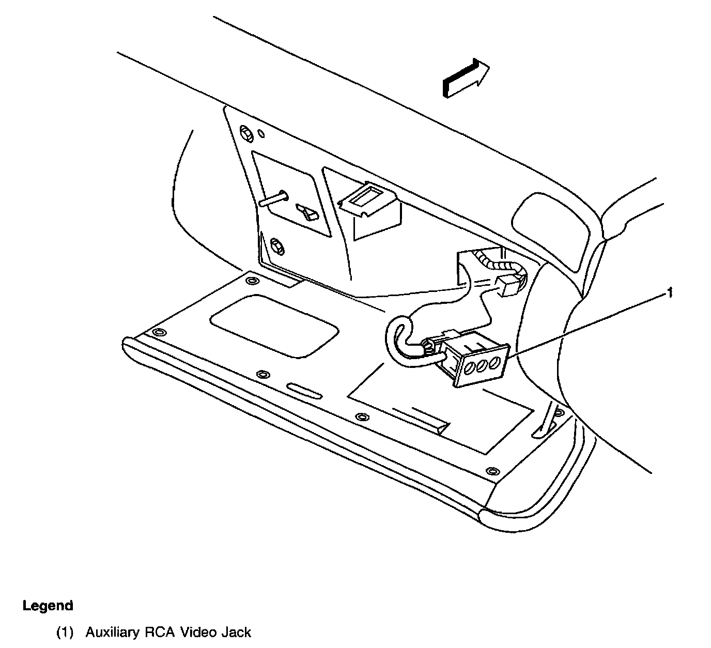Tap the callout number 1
pyautogui.click(x=670, y=293)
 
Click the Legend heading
pyautogui.click(x=48, y=606)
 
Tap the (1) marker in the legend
pyautogui.click(x=65, y=632)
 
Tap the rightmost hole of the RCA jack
pyautogui.click(x=494, y=362)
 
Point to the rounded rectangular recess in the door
pyautogui.click(x=274, y=326)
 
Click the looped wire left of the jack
pyautogui.click(x=395, y=341)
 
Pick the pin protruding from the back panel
pyautogui.click(x=274, y=199)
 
